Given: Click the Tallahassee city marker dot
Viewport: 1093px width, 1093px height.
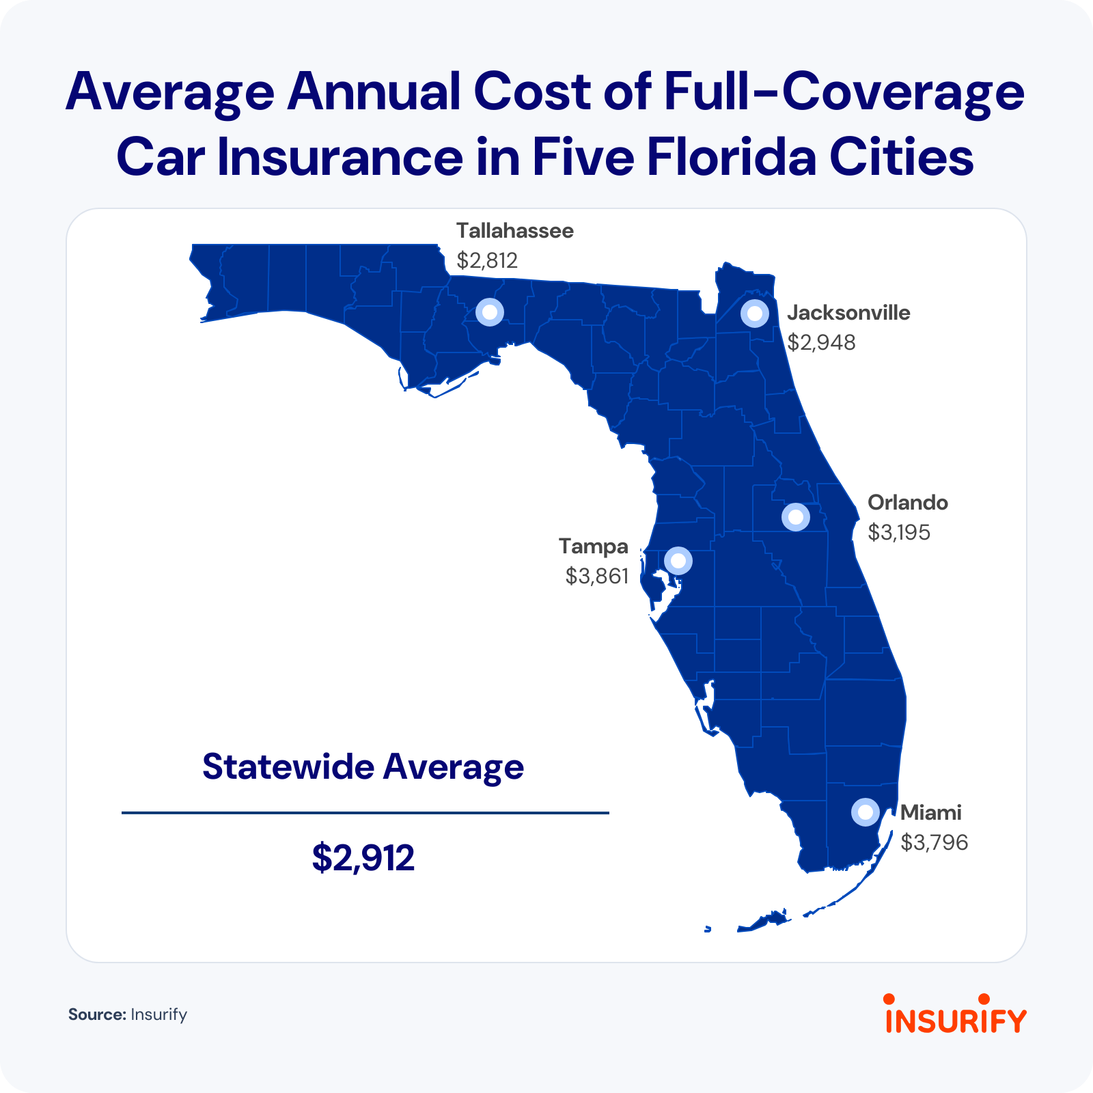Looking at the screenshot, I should coord(489,312).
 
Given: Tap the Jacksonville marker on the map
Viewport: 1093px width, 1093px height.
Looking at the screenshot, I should coord(754,314).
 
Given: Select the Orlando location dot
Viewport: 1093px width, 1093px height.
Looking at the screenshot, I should coord(795,517).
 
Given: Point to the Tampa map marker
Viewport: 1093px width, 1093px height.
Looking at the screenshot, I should coord(678,561).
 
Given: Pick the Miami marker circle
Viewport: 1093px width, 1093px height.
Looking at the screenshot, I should coord(865,812).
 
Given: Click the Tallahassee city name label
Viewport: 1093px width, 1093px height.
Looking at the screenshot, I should coord(514,231).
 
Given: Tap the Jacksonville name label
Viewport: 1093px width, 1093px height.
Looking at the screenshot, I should coord(848,313).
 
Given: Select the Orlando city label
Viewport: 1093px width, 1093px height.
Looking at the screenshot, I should coord(907,503).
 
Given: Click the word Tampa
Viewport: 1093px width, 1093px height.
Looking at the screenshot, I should coord(593,546).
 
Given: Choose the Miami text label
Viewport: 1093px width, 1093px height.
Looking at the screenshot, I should coord(930,813).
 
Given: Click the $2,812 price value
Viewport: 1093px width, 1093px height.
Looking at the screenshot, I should coord(487,260).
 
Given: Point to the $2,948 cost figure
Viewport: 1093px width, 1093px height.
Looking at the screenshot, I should coord(821,342).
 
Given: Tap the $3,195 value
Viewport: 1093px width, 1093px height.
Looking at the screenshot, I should coord(898,532).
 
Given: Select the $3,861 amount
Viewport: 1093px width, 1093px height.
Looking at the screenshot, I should coord(596,577).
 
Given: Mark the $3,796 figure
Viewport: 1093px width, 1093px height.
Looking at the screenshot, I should coord(934,842).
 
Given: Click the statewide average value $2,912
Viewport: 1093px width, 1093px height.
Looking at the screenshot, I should coord(363,858).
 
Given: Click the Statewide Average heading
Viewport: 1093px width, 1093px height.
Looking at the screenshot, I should coord(363,767).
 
